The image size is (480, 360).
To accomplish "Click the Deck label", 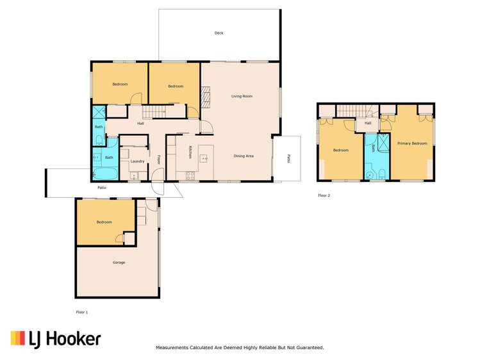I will [x=219, y=33].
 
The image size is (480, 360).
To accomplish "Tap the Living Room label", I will [x=242, y=96].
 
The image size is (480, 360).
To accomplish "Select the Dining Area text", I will [x=244, y=156].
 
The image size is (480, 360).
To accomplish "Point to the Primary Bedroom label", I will [x=411, y=143].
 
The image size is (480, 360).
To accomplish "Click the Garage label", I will [x=119, y=263].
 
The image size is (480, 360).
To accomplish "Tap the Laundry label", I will [x=137, y=161].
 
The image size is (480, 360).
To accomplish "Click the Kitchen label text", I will [x=190, y=152].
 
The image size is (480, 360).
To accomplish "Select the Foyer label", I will [x=159, y=159].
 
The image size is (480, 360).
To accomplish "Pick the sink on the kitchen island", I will [x=206, y=157].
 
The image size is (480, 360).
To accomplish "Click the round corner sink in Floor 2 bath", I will [x=370, y=174].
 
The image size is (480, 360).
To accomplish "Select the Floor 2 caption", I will [x=324, y=195].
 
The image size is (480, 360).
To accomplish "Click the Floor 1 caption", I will [x=81, y=311].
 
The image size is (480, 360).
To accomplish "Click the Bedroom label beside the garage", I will [x=104, y=222].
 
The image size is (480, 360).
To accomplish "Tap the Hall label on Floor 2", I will [x=368, y=123].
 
